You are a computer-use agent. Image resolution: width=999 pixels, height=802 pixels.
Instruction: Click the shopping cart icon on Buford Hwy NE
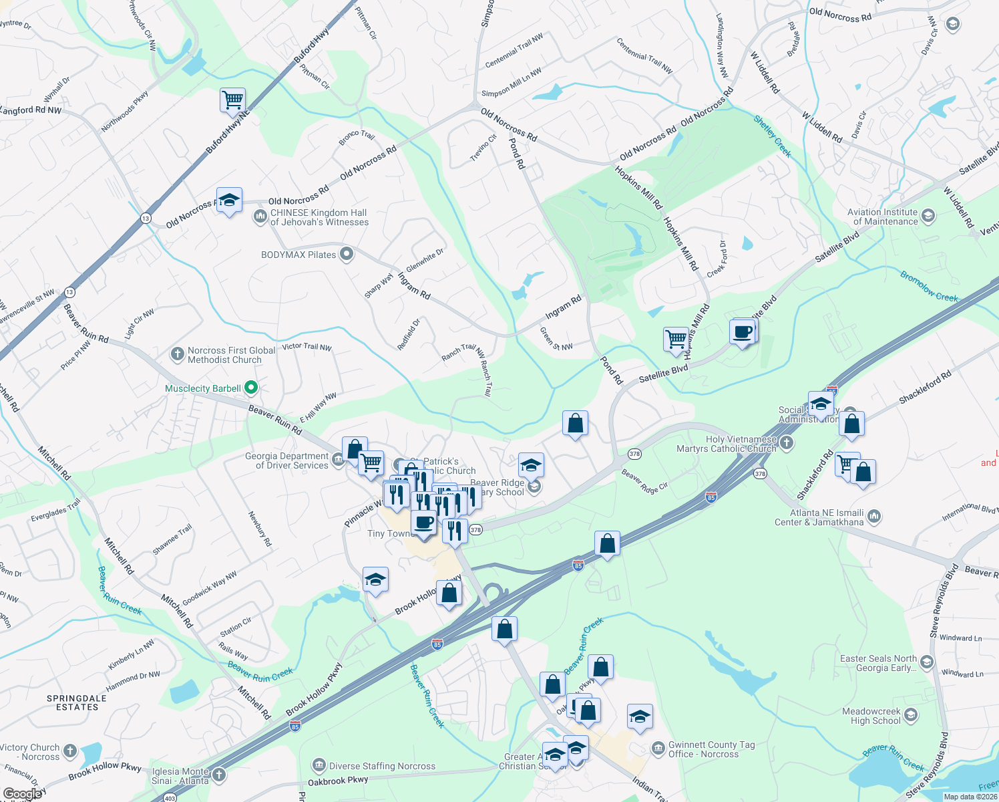coord(232,100)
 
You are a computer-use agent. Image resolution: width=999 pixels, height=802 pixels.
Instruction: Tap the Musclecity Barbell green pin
coord(251,388)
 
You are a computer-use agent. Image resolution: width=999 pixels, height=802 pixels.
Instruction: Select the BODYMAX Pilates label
coord(298,255)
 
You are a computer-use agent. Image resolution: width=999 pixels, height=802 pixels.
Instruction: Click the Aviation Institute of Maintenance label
coord(882,217)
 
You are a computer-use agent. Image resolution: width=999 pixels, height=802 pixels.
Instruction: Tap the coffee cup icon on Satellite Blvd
coord(743,332)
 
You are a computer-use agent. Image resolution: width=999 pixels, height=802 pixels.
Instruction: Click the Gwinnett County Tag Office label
coord(711,749)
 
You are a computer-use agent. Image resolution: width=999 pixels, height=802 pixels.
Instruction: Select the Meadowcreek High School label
coord(871,716)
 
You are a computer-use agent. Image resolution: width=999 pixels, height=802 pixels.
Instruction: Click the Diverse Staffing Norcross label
coord(382,766)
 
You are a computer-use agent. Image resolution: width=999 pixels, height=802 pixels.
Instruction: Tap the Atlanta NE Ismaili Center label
coord(818,517)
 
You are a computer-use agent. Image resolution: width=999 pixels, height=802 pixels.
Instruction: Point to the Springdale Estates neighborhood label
coord(77,702)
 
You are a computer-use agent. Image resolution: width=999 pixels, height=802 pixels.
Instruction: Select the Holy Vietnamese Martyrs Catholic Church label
coord(726,444)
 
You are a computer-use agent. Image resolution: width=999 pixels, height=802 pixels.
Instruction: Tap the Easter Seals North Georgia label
coord(877,663)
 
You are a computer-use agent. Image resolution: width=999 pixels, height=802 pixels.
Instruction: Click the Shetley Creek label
coord(773,136)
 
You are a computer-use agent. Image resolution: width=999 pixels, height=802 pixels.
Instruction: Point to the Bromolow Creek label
coord(928,287)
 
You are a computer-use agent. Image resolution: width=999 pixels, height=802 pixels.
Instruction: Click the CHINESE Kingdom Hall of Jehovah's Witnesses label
coord(319,217)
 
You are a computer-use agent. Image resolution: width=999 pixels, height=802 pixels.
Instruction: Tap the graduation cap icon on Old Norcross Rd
coord(229,200)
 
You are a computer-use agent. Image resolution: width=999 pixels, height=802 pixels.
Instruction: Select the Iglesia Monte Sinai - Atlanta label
coord(180,776)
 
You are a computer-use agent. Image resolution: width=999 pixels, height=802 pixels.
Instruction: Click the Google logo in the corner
coord(23,793)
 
